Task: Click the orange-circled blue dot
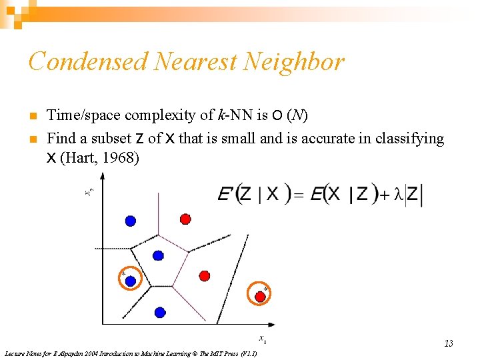[x=131, y=281]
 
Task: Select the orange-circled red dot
[x=260, y=295]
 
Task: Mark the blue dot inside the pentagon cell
[x=158, y=255]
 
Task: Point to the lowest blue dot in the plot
[x=160, y=311]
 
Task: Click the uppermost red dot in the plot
[x=185, y=218]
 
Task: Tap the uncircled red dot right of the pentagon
[x=205, y=275]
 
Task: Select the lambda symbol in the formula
[x=399, y=194]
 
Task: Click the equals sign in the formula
[x=298, y=195]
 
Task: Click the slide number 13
[x=449, y=343]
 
